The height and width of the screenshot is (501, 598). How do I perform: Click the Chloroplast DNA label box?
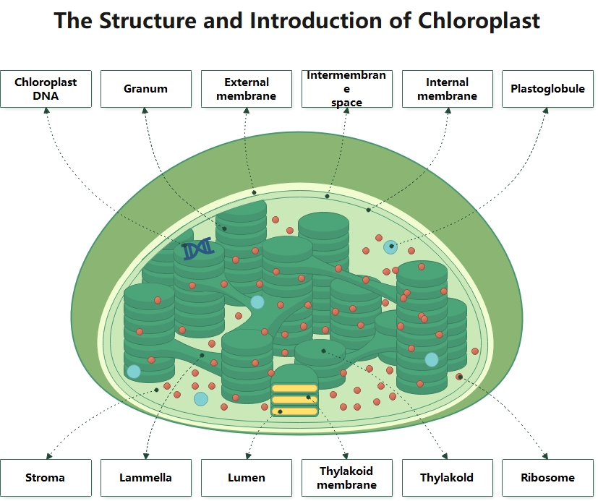pyautogui.click(x=46, y=89)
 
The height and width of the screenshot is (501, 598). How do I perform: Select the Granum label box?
pyautogui.click(x=145, y=89)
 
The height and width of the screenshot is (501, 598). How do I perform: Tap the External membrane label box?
pyautogui.click(x=246, y=89)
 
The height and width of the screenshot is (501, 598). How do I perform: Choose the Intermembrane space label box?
pyautogui.click(x=346, y=89)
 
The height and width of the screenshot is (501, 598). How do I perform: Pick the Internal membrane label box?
pyautogui.click(x=447, y=89)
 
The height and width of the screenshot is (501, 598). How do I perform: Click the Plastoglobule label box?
pyautogui.click(x=547, y=89)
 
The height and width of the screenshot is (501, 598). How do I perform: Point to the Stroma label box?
pyautogui.click(x=46, y=477)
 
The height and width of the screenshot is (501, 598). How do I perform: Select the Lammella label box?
pyautogui.click(x=145, y=477)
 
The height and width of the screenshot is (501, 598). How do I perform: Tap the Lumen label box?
pyautogui.click(x=246, y=477)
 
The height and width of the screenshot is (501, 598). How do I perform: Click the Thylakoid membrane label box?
pyautogui.click(x=346, y=477)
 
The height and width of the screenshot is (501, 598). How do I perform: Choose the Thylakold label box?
pyautogui.click(x=447, y=477)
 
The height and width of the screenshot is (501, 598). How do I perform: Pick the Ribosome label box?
pyautogui.click(x=547, y=477)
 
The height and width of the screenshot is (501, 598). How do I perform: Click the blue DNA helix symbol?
pyautogui.click(x=197, y=249)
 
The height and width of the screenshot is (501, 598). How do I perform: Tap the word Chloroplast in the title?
pyautogui.click(x=478, y=21)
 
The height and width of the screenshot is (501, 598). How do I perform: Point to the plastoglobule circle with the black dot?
pyautogui.click(x=390, y=247)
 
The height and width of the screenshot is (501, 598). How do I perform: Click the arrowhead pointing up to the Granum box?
pyautogui.click(x=145, y=111)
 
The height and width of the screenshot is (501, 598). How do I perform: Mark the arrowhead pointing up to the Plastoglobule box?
pyautogui.click(x=547, y=111)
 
